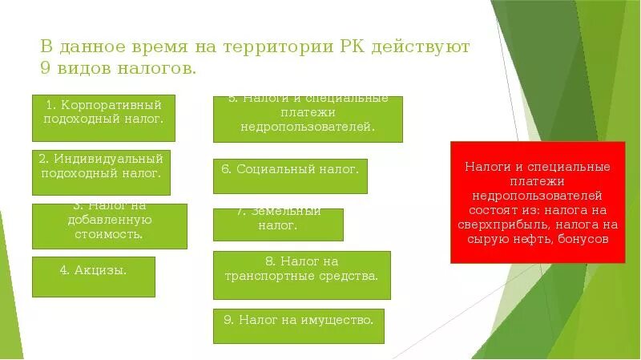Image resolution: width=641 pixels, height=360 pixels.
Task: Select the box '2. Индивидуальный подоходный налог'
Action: pos(101,172)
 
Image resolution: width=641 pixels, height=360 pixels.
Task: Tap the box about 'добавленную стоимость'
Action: pos(109,226)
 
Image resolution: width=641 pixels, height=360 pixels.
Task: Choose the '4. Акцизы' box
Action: pos(93,277)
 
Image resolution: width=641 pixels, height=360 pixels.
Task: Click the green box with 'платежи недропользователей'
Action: pos(308,119)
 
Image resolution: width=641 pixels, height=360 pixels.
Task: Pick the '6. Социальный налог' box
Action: pos(290,176)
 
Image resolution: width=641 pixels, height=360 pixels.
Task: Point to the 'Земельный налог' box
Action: pos(278,224)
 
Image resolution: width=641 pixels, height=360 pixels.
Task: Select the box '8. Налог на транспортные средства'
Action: pos(301,275)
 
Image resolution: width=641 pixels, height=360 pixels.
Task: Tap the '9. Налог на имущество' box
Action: pos(298,326)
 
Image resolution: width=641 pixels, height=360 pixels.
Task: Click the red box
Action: pos(537,202)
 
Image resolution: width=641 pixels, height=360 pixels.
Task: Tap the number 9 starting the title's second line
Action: pos(45,69)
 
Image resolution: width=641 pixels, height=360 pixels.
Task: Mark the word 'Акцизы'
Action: pos(102,270)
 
